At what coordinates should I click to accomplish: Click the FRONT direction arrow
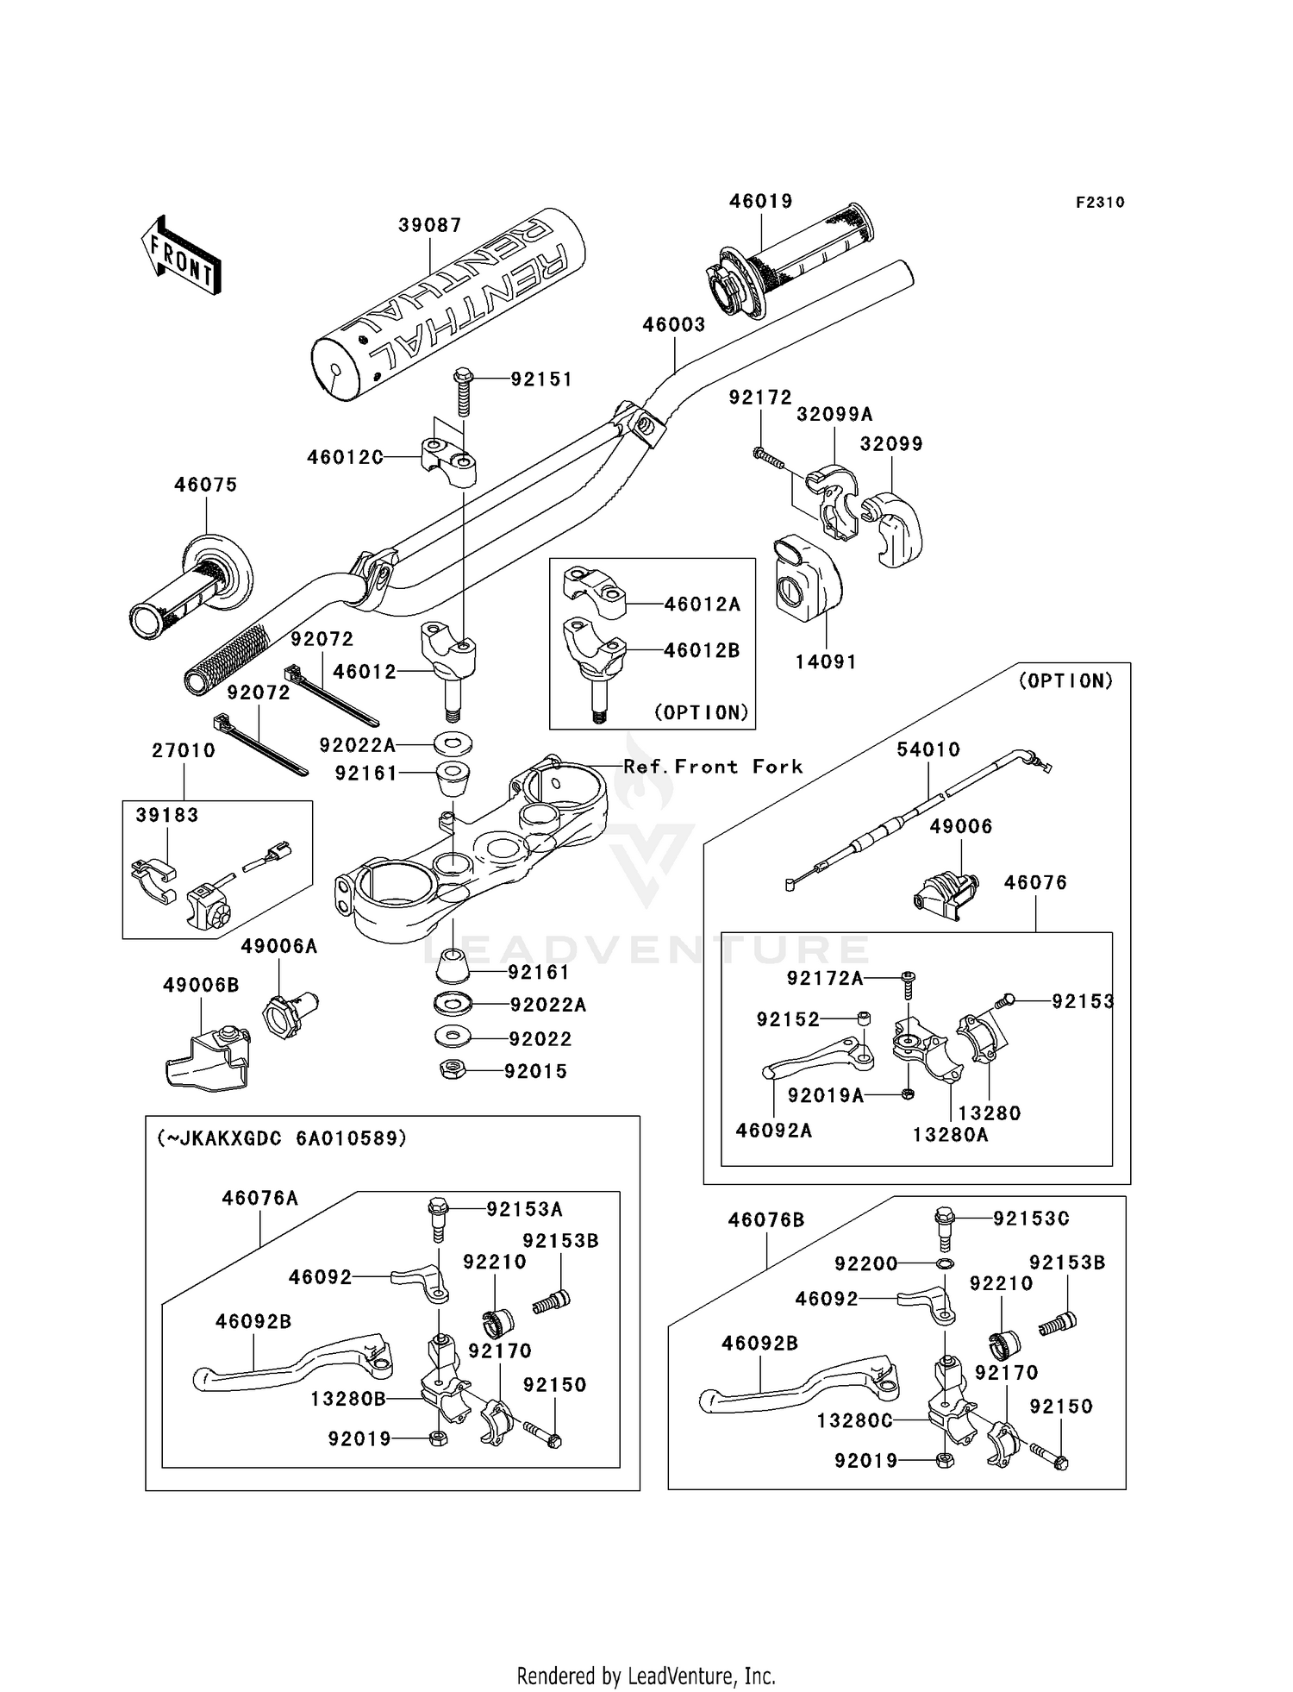tap(181, 257)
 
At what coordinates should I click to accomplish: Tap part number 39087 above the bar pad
tap(429, 225)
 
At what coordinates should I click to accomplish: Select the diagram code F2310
tap(1099, 203)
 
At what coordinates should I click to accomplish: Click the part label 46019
tap(760, 201)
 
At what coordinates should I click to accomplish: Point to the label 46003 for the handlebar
tap(673, 325)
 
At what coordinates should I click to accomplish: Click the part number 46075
tap(205, 485)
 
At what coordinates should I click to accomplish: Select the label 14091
tap(825, 661)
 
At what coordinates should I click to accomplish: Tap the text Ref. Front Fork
tap(713, 767)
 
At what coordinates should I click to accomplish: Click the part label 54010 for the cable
tap(928, 749)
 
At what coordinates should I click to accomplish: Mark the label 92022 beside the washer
tap(540, 1039)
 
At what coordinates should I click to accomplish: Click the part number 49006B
tap(200, 985)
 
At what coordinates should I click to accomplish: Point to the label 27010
tap(184, 750)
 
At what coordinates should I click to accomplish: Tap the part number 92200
tap(865, 1263)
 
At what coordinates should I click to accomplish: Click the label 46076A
tap(259, 1198)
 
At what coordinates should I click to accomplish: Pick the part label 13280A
tap(950, 1135)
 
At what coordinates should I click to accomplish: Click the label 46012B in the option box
tap(702, 650)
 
